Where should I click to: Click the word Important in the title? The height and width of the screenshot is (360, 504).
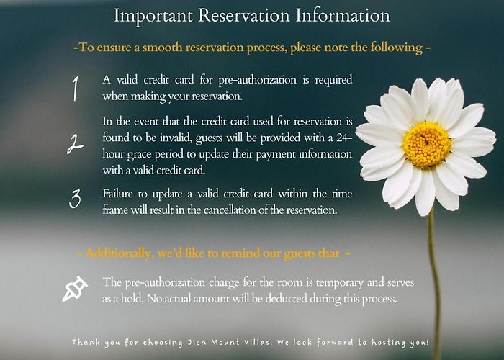click(153, 16)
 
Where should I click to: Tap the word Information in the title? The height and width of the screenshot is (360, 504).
click(343, 15)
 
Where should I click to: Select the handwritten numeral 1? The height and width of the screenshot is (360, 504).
click(75, 89)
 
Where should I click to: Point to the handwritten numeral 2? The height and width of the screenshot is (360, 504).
click(75, 144)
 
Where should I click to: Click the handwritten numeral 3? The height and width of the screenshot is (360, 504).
click(75, 199)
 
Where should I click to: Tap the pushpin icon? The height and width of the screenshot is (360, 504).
click(75, 289)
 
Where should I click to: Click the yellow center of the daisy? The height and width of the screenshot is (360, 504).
click(426, 145)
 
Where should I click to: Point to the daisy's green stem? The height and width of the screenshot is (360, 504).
click(434, 283)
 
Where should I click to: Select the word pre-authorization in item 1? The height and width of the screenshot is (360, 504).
click(257, 80)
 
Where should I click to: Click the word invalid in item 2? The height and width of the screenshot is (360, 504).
click(176, 138)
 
